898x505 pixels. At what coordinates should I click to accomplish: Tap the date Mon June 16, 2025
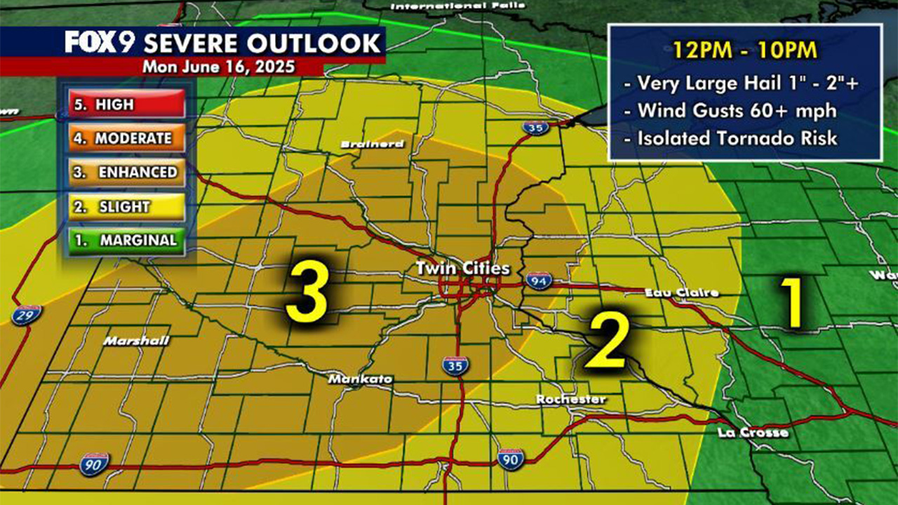point(218,68)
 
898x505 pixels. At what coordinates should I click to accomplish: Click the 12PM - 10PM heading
point(744,50)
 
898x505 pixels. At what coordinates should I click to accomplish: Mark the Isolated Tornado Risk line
point(737,138)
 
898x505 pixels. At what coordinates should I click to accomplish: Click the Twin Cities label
point(462,269)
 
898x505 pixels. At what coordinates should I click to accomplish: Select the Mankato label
point(361,379)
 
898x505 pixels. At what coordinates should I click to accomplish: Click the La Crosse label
point(753,433)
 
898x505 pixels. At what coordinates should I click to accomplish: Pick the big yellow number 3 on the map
point(307,292)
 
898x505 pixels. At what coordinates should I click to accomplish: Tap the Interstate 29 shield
point(26,314)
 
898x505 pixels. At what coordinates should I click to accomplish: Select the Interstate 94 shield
point(539,281)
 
